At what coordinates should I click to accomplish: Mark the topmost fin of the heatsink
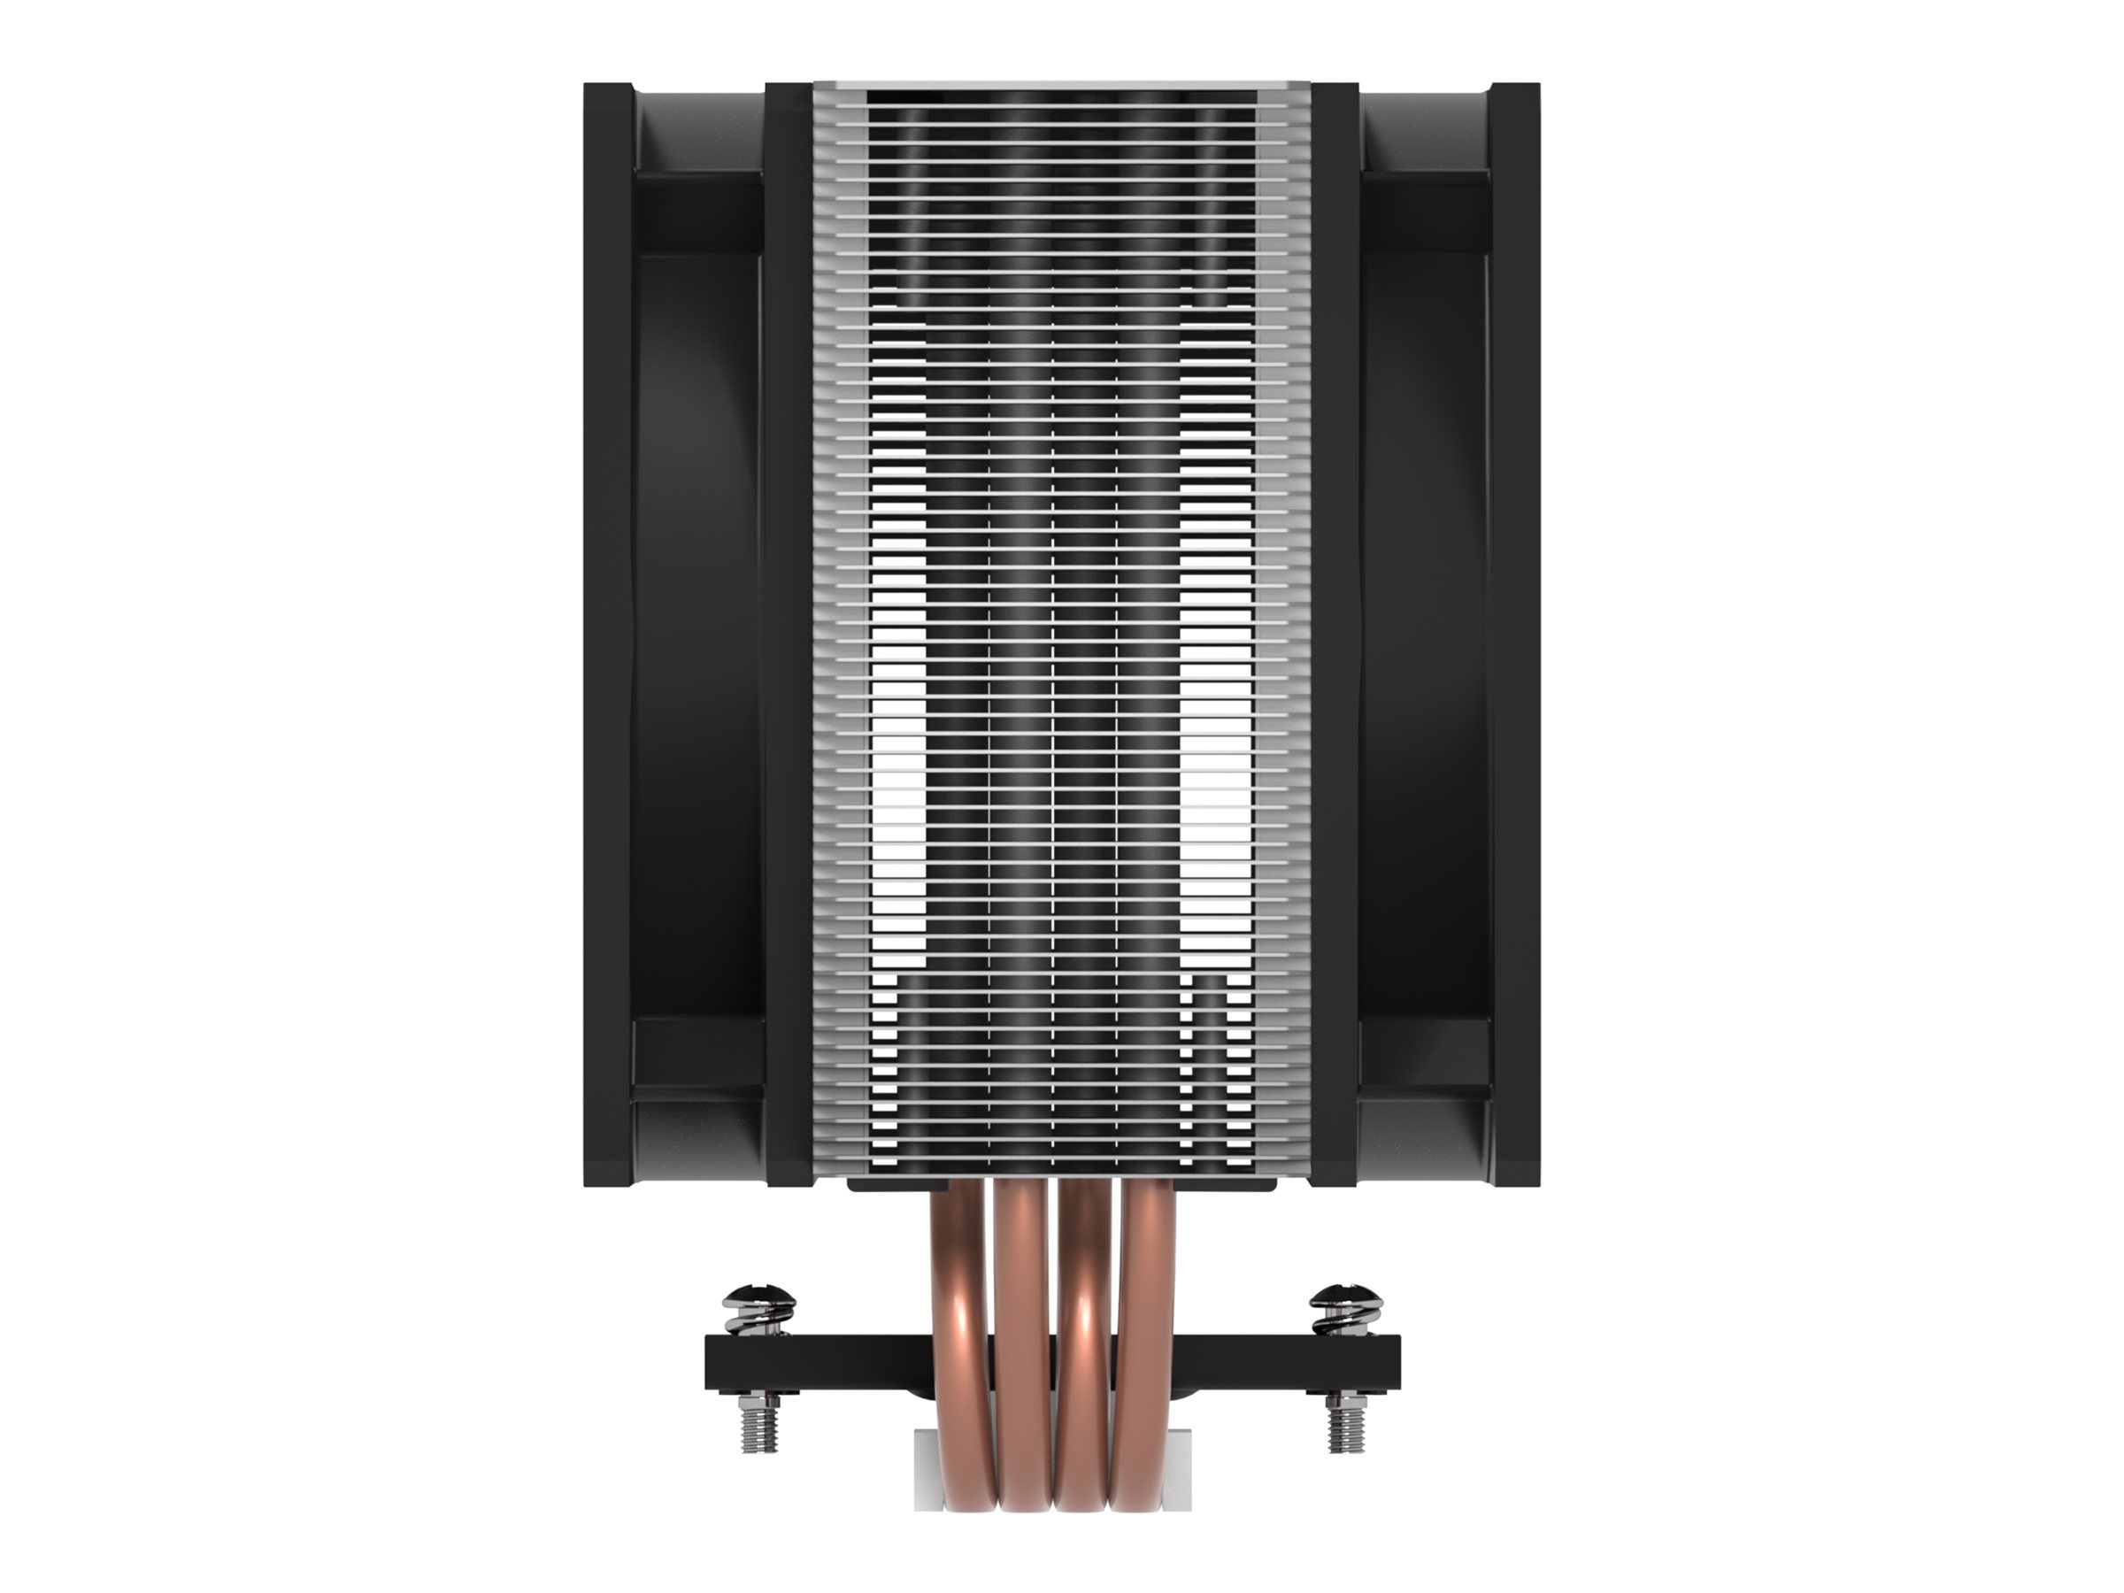[1061, 88]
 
